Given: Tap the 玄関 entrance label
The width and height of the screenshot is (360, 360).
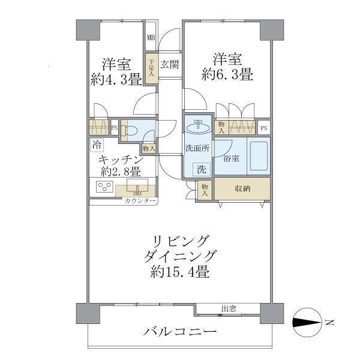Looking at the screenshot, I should pyautogui.click(x=169, y=64).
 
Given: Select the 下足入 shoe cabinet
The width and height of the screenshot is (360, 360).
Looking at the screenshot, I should pyautogui.click(x=151, y=67).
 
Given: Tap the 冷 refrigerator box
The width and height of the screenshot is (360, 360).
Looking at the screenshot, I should pyautogui.click(x=97, y=145).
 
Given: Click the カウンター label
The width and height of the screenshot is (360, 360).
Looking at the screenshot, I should pyautogui.click(x=140, y=201).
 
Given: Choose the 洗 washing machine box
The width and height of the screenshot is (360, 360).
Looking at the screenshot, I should pyautogui.click(x=202, y=170).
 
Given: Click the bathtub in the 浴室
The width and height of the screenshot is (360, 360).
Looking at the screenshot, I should pyautogui.click(x=258, y=156).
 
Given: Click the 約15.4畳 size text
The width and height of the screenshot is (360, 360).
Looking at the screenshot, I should pyautogui.click(x=180, y=272).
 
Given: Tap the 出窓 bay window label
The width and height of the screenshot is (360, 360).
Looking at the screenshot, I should pyautogui.click(x=229, y=309).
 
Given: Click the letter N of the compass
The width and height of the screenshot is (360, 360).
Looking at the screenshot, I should pyautogui.click(x=329, y=324).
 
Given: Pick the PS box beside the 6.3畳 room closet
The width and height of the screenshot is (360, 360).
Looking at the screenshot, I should pyautogui.click(x=263, y=128).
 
